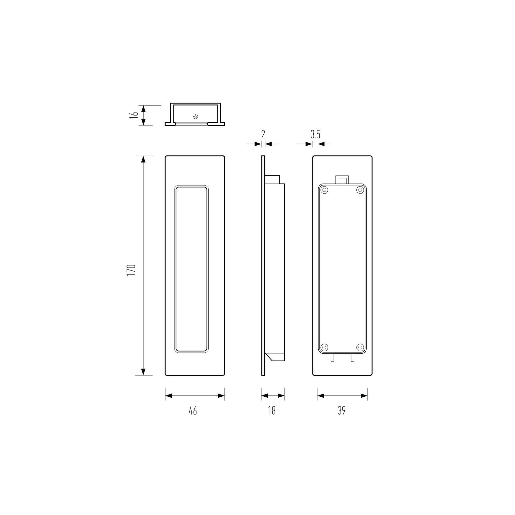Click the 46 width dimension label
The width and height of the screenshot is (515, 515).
pos(193,411)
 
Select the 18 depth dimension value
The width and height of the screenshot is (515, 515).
pos(272,411)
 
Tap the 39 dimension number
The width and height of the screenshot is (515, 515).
pos(341,411)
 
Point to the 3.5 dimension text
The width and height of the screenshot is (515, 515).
pos(315,135)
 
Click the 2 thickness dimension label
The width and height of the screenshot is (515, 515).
pos(263,134)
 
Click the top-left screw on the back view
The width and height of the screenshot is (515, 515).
pos(324,191)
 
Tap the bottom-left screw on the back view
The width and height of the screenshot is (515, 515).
pos(324,347)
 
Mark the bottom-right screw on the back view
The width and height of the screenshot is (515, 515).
pos(360,347)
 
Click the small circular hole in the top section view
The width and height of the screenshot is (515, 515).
pos(195,117)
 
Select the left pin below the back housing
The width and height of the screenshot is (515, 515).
pos(332,357)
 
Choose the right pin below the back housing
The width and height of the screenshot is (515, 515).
pos(352,357)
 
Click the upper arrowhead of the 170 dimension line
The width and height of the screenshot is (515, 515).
pos(143,159)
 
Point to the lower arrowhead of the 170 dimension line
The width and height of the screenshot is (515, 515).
pos(143,372)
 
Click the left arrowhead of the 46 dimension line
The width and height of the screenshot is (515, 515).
pos(169,396)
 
